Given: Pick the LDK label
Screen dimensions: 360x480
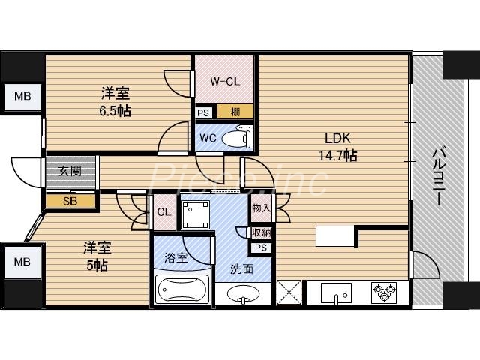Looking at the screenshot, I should tap(337, 139).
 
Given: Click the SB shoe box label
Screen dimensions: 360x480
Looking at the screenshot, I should tap(70, 201).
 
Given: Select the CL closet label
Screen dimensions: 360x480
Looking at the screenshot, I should tap(164, 212).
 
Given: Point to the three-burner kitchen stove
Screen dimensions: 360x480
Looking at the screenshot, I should tap(385, 291).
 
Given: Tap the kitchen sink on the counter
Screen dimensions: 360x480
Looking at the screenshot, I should tap(335, 291).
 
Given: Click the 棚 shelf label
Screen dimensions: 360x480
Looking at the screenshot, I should tap(236, 112).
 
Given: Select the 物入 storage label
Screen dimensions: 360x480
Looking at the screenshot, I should tap(260, 208).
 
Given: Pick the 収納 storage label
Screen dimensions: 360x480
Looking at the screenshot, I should tap(260, 233).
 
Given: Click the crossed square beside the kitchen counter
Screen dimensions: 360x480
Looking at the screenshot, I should tap(289, 291).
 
